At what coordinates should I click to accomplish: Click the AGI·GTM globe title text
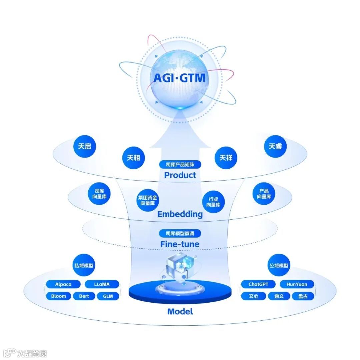click(179, 78)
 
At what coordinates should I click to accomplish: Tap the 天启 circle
click(85, 146)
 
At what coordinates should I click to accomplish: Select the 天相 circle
click(134, 157)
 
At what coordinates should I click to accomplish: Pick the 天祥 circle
click(226, 157)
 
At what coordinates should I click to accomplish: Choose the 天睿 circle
click(275, 146)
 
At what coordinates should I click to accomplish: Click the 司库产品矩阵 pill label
click(180, 164)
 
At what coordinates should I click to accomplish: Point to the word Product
click(180, 175)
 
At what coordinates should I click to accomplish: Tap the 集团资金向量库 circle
click(148, 200)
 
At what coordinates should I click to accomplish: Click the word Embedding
click(180, 214)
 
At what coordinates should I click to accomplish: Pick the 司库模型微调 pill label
click(180, 233)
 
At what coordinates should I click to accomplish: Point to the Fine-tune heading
click(180, 244)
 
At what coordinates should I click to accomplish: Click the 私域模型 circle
click(84, 266)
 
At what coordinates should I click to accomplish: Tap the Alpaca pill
click(63, 284)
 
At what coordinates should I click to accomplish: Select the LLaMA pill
click(102, 284)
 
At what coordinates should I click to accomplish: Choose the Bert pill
click(84, 296)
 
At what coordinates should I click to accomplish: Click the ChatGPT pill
click(258, 284)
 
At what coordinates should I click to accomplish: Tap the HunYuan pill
click(297, 284)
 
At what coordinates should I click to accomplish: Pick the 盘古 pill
click(303, 296)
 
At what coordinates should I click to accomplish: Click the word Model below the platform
click(180, 312)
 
